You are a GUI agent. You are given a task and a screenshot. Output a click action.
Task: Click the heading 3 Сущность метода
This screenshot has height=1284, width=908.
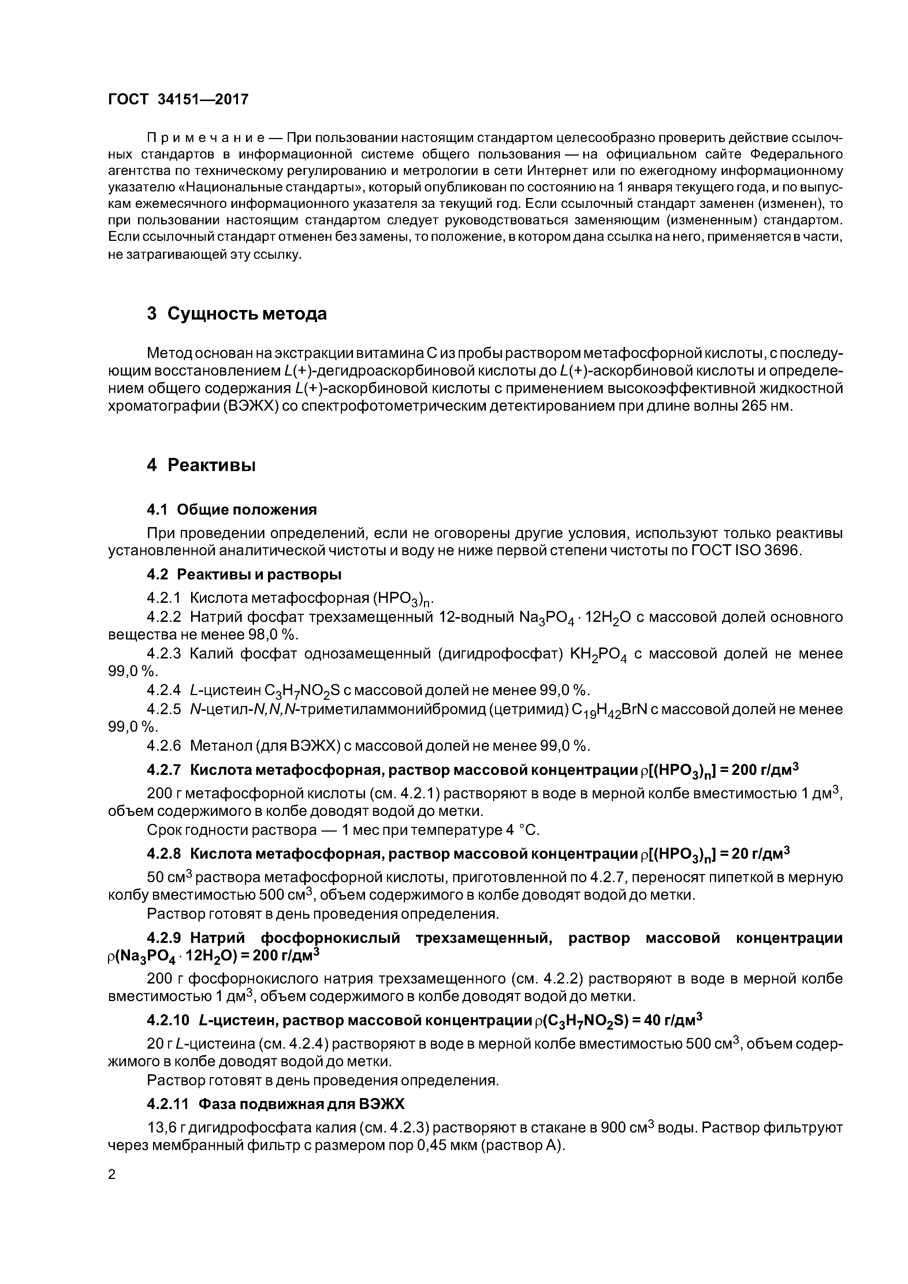(237, 314)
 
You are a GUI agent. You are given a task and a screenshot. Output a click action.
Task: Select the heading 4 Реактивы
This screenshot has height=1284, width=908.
(201, 465)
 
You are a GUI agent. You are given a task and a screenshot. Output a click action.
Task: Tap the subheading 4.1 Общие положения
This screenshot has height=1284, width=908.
(232, 510)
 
